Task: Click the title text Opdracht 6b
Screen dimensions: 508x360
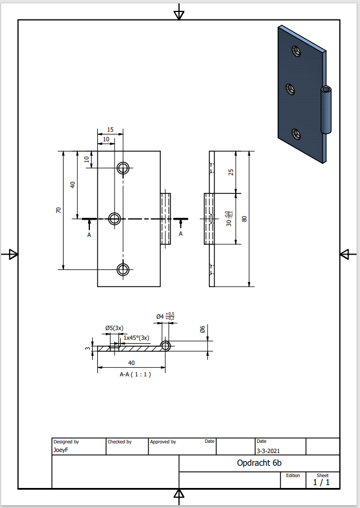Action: [x=259, y=463]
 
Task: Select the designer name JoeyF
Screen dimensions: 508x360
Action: [x=60, y=450]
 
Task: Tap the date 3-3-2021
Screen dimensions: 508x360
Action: [x=268, y=450]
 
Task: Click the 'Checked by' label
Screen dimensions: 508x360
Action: [x=120, y=442]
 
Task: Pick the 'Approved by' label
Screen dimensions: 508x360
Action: [x=163, y=442]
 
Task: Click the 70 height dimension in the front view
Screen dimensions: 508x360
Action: [x=58, y=210]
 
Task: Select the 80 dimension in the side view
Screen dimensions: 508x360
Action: [x=244, y=219]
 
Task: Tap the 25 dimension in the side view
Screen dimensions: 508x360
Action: [x=231, y=172]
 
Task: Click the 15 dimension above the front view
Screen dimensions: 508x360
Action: [x=110, y=130]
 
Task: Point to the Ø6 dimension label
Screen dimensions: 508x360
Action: [x=203, y=330]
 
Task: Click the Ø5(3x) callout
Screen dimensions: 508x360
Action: [x=114, y=328]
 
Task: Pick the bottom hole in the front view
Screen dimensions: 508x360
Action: [x=123, y=269]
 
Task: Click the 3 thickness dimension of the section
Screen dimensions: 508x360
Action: [x=88, y=348]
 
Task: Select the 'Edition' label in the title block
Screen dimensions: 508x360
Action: [x=292, y=475]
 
